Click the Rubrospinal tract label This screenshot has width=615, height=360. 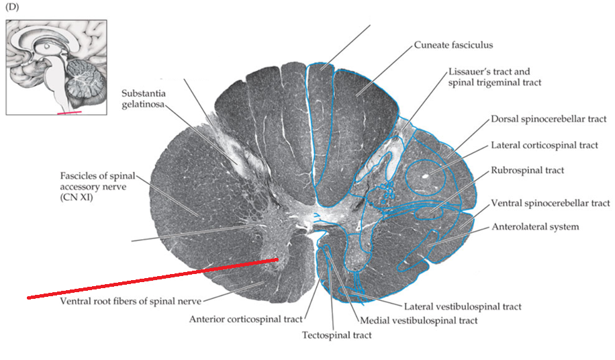tap(527, 171)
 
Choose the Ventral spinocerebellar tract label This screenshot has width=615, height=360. tap(551, 202)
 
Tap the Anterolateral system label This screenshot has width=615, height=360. tap(535, 227)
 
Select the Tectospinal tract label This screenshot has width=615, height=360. tap(336, 334)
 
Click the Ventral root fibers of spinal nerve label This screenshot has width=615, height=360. tap(130, 300)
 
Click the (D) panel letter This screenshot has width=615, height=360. tap(12, 8)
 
